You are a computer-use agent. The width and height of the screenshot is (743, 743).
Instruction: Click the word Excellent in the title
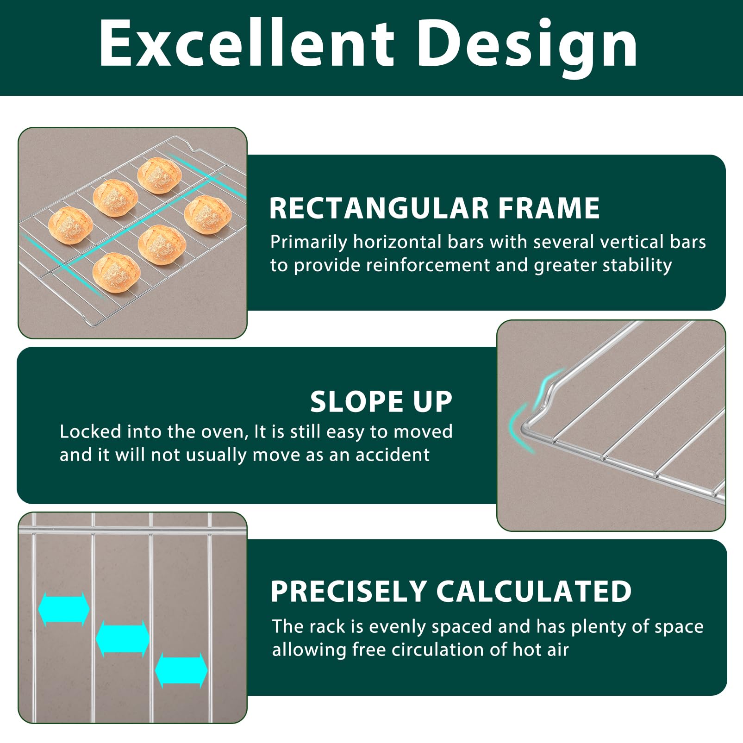click(246, 44)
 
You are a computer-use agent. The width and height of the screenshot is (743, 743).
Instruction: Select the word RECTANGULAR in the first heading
click(379, 208)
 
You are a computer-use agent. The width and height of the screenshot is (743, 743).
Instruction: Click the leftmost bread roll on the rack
click(70, 225)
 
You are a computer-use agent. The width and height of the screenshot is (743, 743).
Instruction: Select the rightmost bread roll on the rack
click(208, 214)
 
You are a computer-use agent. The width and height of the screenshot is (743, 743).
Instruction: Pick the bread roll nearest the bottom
click(116, 272)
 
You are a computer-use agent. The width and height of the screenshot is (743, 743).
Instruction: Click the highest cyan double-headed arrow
click(63, 609)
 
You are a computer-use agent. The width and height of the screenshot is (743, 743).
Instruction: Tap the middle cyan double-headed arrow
click(123, 638)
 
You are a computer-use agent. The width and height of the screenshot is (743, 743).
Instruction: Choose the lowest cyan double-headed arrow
click(181, 670)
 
